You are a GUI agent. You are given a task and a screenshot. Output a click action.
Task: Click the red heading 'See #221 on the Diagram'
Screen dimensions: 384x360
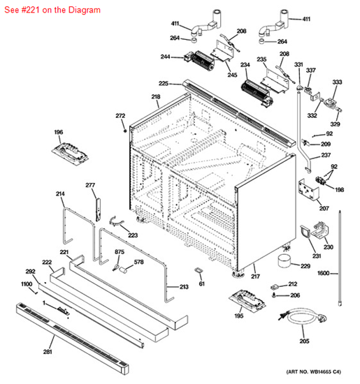coord(52,10)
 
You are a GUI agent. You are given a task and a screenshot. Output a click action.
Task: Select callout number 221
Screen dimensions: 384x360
coord(64,252)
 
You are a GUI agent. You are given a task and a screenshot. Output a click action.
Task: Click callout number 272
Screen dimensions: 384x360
coord(120,116)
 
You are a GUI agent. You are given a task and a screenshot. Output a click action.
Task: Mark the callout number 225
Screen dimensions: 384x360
coord(164,83)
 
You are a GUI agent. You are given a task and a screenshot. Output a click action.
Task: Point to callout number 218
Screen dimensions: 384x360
coord(155,96)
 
